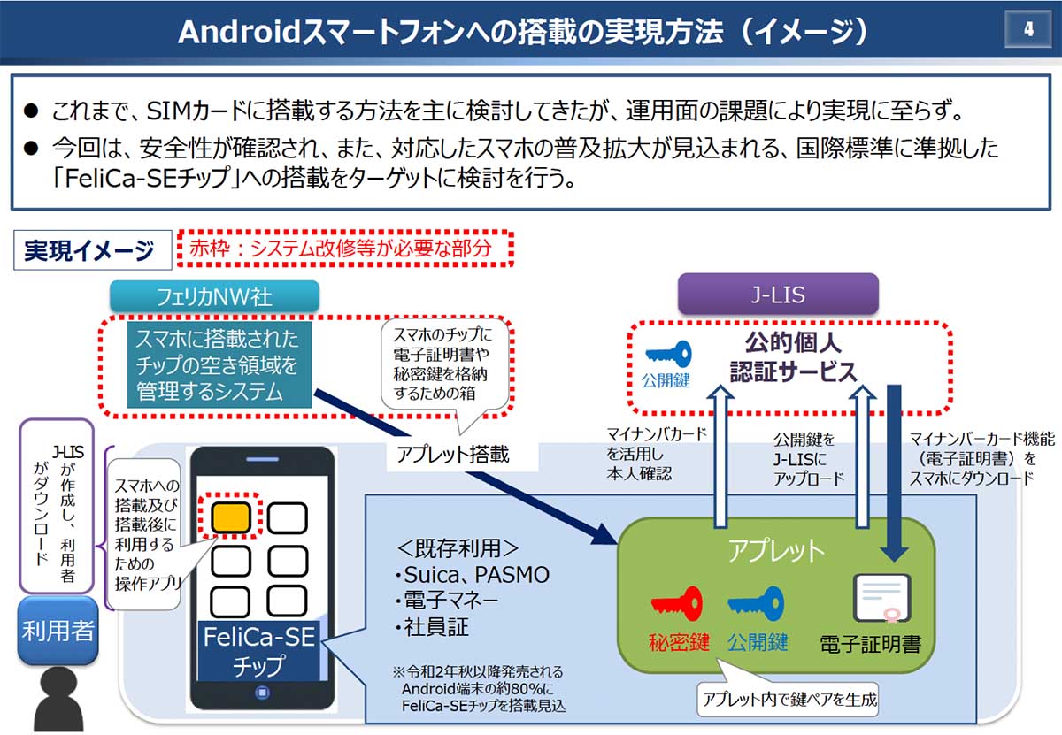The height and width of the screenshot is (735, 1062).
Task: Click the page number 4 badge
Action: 1027,29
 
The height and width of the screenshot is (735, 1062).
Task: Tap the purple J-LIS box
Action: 778,294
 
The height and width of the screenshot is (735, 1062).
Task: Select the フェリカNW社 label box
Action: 213,295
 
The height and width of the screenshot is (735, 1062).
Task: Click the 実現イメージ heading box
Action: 90,251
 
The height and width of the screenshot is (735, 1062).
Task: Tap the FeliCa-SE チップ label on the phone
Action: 258,650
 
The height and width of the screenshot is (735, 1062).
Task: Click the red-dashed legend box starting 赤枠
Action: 347,249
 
